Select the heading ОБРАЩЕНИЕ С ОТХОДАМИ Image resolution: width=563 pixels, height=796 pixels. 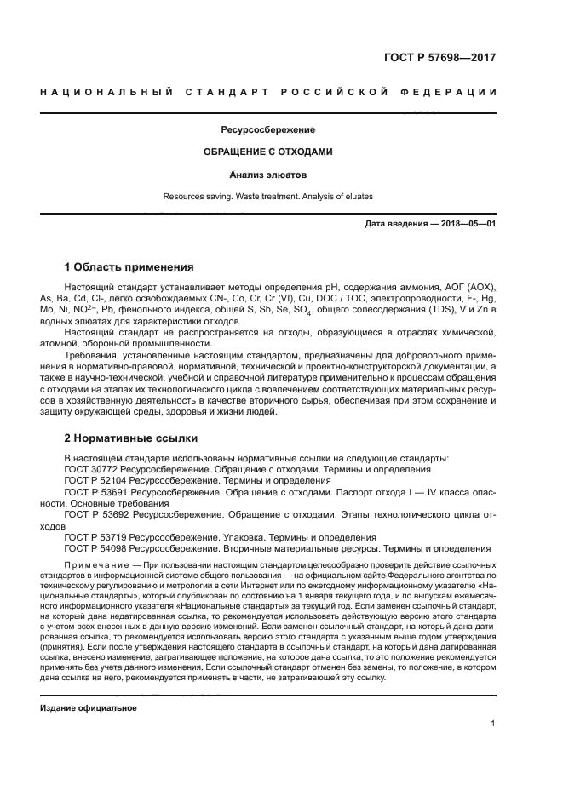point(267,152)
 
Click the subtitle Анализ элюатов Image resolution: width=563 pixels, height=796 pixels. point(267,175)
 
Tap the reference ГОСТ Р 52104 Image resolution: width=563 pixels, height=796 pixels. point(98,481)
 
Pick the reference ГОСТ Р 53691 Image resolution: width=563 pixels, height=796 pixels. point(98,492)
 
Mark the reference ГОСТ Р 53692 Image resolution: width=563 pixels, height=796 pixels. point(98,515)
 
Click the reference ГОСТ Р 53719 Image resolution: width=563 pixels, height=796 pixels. point(98,538)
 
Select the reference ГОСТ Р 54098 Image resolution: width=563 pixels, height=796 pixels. point(98,549)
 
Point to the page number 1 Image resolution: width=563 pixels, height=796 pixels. point(493,724)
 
